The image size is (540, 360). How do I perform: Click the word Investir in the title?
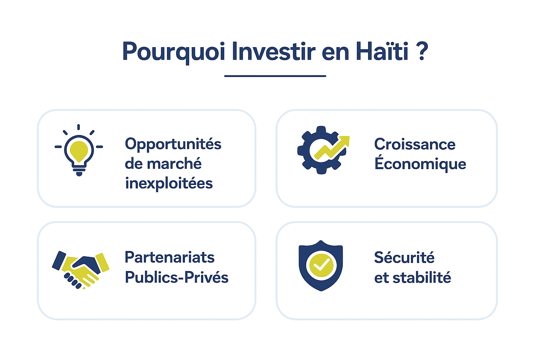point(274,51)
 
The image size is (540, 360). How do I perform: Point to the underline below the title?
point(275,76)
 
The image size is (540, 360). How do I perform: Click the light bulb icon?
point(79,150)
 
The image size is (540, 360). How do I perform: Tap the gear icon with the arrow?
point(323,150)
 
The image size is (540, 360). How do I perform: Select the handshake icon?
point(81,270)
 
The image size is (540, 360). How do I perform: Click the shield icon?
point(321,265)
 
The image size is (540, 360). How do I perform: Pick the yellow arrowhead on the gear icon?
point(345,141)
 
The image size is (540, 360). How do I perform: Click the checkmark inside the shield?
point(321,265)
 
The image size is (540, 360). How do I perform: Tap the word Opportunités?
point(173,144)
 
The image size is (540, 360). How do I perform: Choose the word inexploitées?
point(169,183)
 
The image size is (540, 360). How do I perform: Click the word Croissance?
point(415,144)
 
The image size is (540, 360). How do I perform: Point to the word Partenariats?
point(169,257)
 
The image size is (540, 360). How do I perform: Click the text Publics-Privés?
point(176,277)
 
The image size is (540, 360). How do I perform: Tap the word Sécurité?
point(404,257)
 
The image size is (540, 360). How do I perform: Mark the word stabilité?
point(422,277)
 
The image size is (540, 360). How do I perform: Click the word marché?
point(174,163)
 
